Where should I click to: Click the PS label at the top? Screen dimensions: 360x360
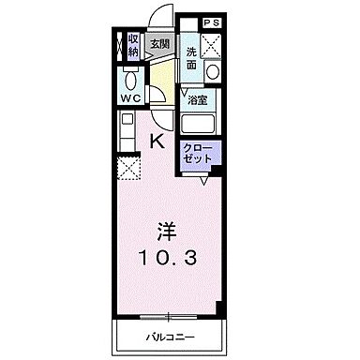(211, 21)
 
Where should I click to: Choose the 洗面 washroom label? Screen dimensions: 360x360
(191, 57)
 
